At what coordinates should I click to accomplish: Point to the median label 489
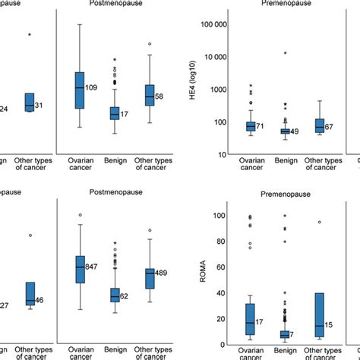pyautogui.click(x=162, y=273)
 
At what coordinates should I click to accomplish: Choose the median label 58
pyautogui.click(x=159, y=96)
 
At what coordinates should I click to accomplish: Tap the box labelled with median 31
pyautogui.click(x=30, y=102)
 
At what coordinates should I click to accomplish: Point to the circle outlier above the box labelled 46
pyautogui.click(x=30, y=235)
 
